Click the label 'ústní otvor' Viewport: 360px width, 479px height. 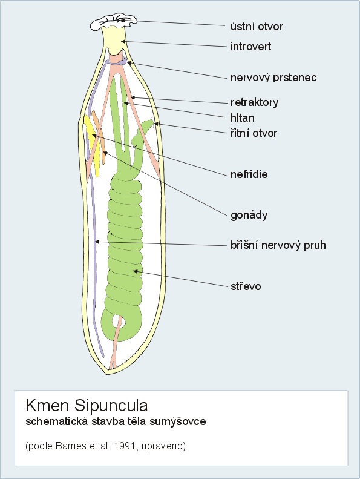point(257,27)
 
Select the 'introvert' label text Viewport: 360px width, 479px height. point(250,47)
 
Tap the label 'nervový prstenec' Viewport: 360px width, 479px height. point(273,78)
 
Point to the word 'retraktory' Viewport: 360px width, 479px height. point(254,102)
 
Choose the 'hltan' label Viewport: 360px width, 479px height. point(243,117)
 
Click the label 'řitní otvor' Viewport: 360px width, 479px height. point(254,133)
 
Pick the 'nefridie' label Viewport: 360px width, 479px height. point(249,174)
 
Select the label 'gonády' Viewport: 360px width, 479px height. point(249,215)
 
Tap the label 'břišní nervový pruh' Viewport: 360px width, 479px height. point(278,245)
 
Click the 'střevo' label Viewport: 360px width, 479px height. point(246,286)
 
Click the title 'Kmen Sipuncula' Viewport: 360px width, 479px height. point(87,405)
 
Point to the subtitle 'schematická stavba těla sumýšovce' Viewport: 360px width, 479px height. point(116,421)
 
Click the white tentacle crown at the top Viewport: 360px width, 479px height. point(114,22)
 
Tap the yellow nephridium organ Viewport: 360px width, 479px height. point(93,144)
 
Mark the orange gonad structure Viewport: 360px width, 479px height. point(99,134)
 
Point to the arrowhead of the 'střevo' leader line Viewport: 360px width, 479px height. point(136,271)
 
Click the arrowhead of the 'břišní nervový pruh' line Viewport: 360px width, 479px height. point(97,242)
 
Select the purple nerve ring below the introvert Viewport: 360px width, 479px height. point(117,61)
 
